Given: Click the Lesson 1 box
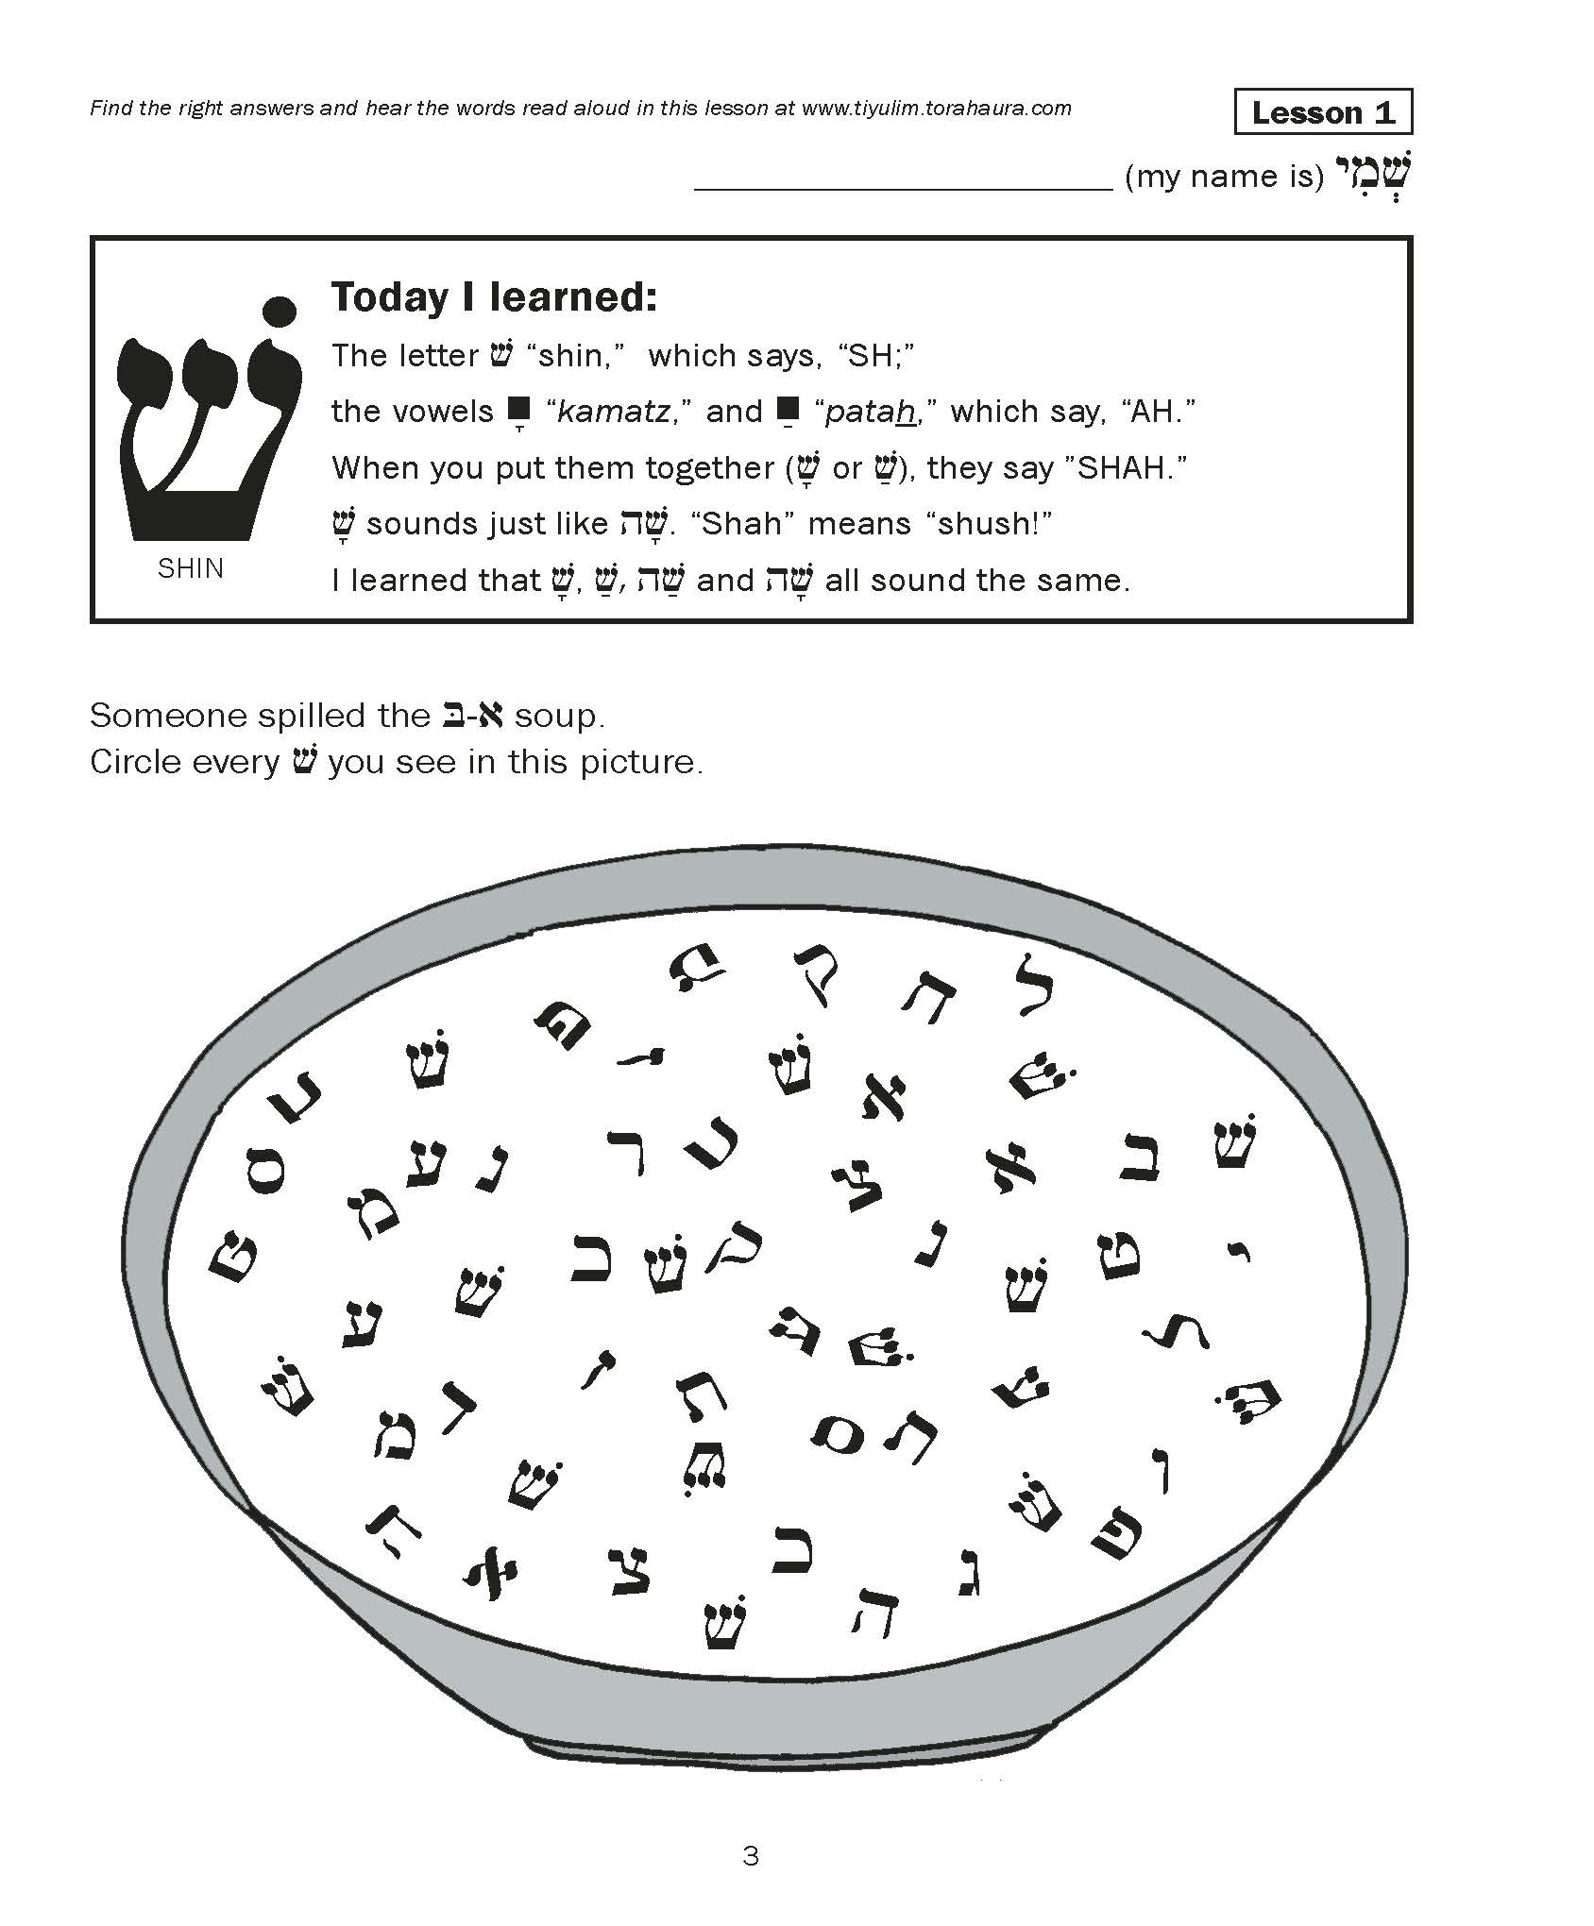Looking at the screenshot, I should (1322, 112).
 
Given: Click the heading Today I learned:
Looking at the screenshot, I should (493, 297).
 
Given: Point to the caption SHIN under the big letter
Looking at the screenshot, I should (191, 568).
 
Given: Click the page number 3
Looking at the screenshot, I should (751, 1856).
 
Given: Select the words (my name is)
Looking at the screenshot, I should (1225, 177).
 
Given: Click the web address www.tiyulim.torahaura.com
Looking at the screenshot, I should (936, 108).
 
